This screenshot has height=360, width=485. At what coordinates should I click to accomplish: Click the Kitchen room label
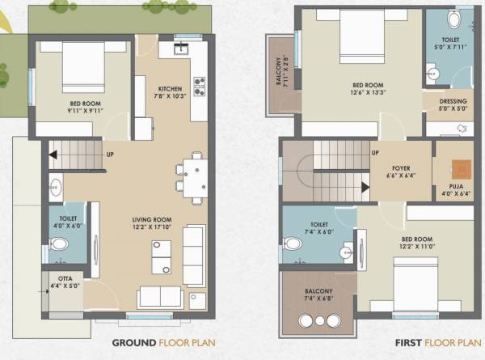point(170,89)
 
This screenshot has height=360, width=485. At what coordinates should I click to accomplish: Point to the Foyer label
point(401,171)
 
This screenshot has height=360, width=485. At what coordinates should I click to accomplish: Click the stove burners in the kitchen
point(199,84)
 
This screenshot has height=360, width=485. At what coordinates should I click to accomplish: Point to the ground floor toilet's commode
point(58,244)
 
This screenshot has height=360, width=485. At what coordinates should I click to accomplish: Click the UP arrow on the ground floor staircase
point(55,154)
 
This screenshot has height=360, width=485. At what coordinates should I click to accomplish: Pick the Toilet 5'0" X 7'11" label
point(449,43)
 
